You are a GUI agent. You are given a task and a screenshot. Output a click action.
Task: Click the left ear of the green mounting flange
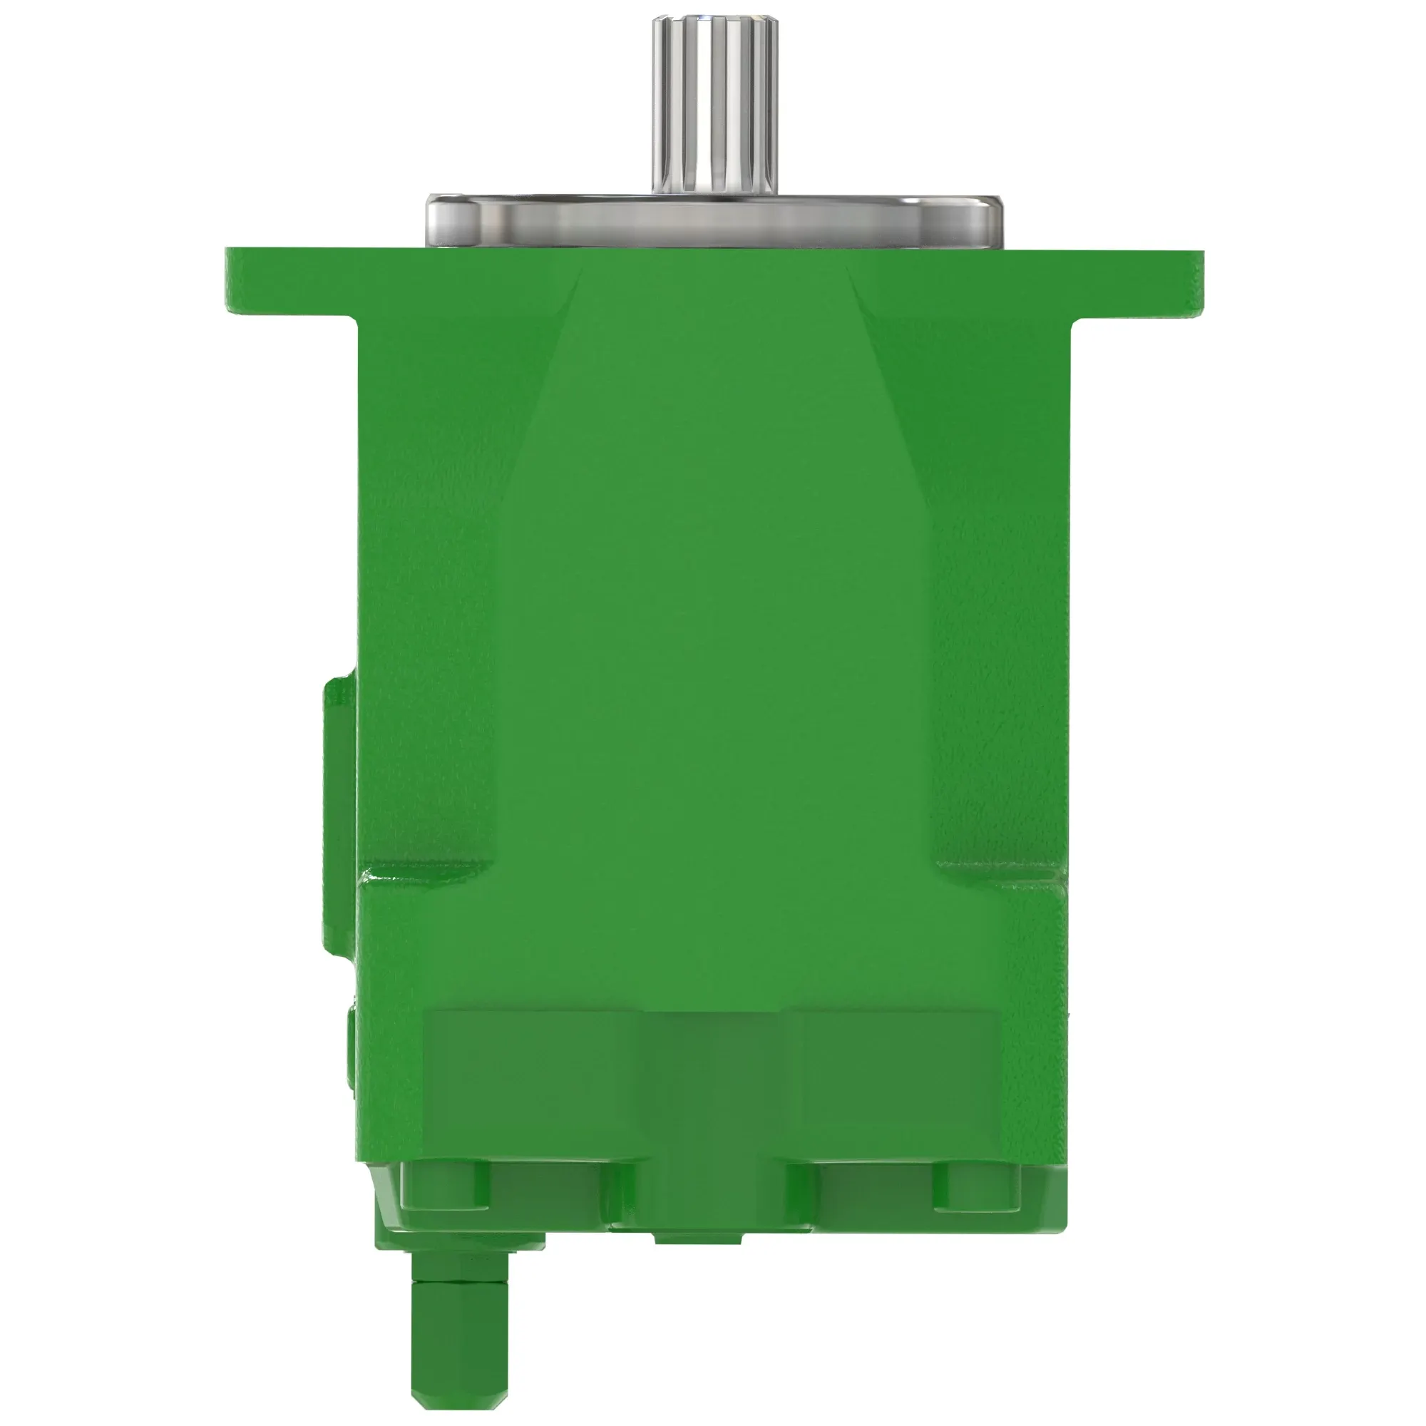[x=288, y=284]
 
